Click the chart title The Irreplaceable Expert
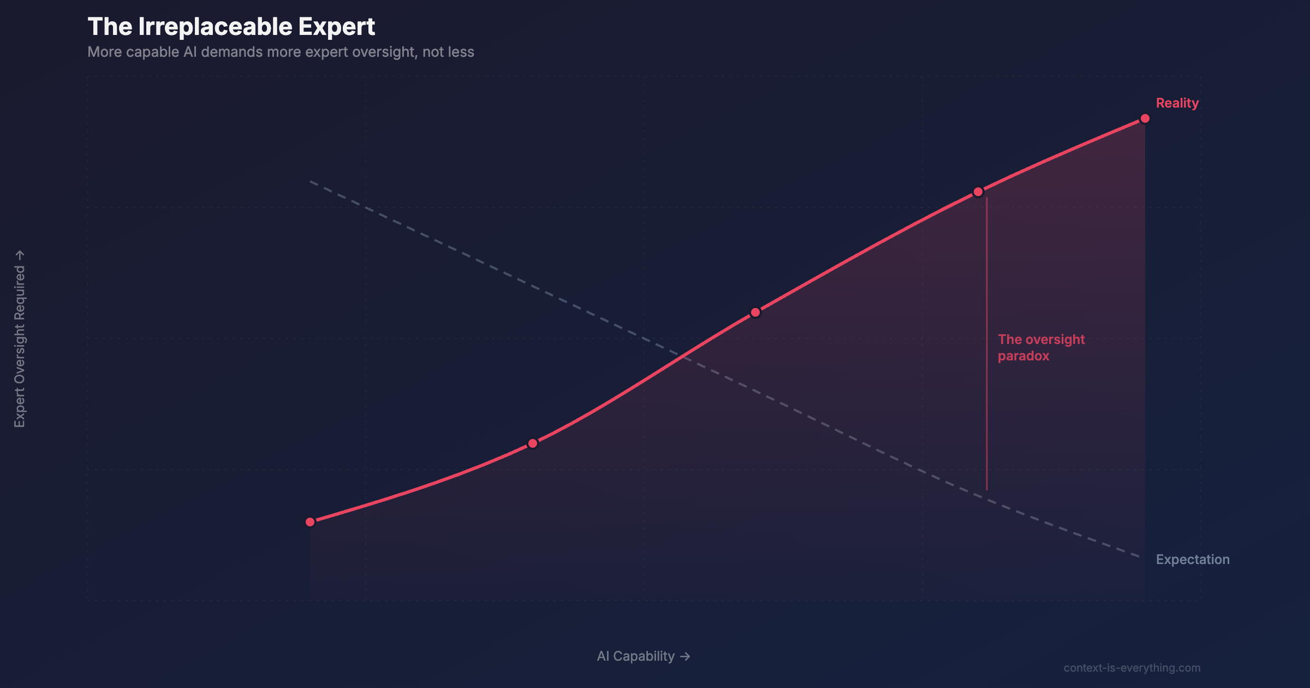pos(231,27)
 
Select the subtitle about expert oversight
pos(281,52)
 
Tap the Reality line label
pos(1177,103)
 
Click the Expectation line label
pos(1193,560)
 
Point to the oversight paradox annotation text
pos(1041,348)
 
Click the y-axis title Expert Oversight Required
pos(20,339)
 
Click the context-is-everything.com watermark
pos(1132,668)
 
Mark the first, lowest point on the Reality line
pos(310,522)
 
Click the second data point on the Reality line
pos(533,443)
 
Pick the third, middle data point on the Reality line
pos(755,312)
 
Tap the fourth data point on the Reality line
pos(978,192)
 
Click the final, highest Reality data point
pos(1145,118)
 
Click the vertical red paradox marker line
pos(987,344)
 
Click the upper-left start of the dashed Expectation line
pos(310,181)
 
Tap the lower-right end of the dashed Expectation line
pos(1141,557)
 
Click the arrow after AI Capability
pos(685,657)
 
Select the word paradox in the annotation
pos(1023,357)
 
